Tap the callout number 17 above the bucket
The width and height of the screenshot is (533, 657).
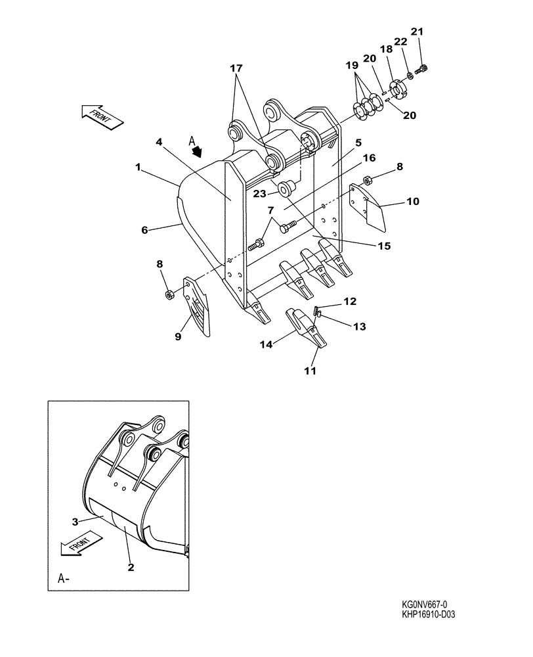pyautogui.click(x=236, y=68)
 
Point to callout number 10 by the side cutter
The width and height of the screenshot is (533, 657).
pyautogui.click(x=413, y=202)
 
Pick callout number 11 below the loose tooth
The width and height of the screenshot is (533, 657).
pyautogui.click(x=310, y=371)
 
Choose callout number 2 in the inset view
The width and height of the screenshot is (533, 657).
pyautogui.click(x=131, y=567)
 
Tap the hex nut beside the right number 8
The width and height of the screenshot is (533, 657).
pyautogui.click(x=368, y=177)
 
